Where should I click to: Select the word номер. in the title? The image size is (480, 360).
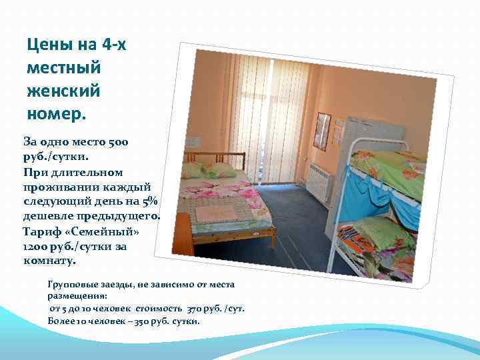57,110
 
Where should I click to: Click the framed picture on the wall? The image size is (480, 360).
322,131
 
